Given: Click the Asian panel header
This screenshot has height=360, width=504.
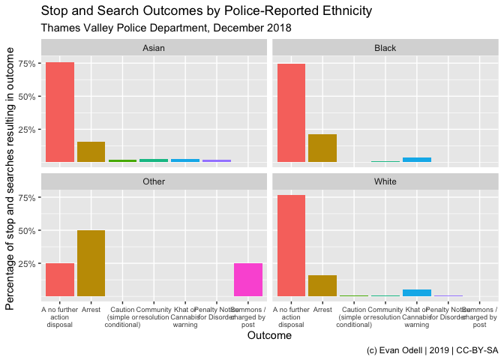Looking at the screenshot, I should point(154,48).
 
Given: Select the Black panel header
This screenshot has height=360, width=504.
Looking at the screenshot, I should point(385,48).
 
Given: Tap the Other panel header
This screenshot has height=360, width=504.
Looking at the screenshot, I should point(154,181).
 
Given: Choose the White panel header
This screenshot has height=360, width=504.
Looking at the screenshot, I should point(385,181).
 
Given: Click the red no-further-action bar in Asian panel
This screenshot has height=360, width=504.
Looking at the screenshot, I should point(60,112).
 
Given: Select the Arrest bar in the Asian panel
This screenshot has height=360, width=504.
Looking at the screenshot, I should point(91,152).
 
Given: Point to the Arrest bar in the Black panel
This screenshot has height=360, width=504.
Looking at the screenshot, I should point(322,148).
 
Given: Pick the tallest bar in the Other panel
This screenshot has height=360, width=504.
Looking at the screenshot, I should point(91,263).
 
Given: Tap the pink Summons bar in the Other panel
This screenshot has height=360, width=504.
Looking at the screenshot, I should point(248,280).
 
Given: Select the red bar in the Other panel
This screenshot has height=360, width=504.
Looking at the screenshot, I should point(60,280).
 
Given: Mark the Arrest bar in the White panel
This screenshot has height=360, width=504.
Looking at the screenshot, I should point(322,286).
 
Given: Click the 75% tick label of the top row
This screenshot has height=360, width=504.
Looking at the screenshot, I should point(28,64).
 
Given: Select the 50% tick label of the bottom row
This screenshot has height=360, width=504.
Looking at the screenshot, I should point(28,231).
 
